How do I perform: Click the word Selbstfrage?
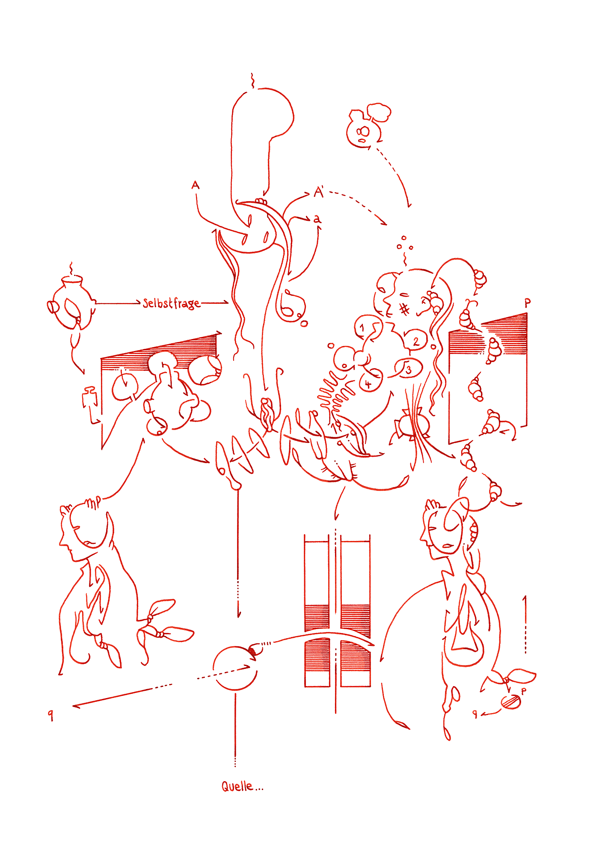171,303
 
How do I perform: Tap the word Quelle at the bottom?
237,786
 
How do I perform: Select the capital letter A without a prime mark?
196,185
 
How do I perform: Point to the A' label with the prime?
319,191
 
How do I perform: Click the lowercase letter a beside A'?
317,219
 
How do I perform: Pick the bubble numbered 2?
415,341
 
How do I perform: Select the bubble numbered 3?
408,369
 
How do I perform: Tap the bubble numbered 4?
370,383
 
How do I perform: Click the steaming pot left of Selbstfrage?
71,302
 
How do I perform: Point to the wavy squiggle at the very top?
252,80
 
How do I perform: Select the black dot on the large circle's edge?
252,651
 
